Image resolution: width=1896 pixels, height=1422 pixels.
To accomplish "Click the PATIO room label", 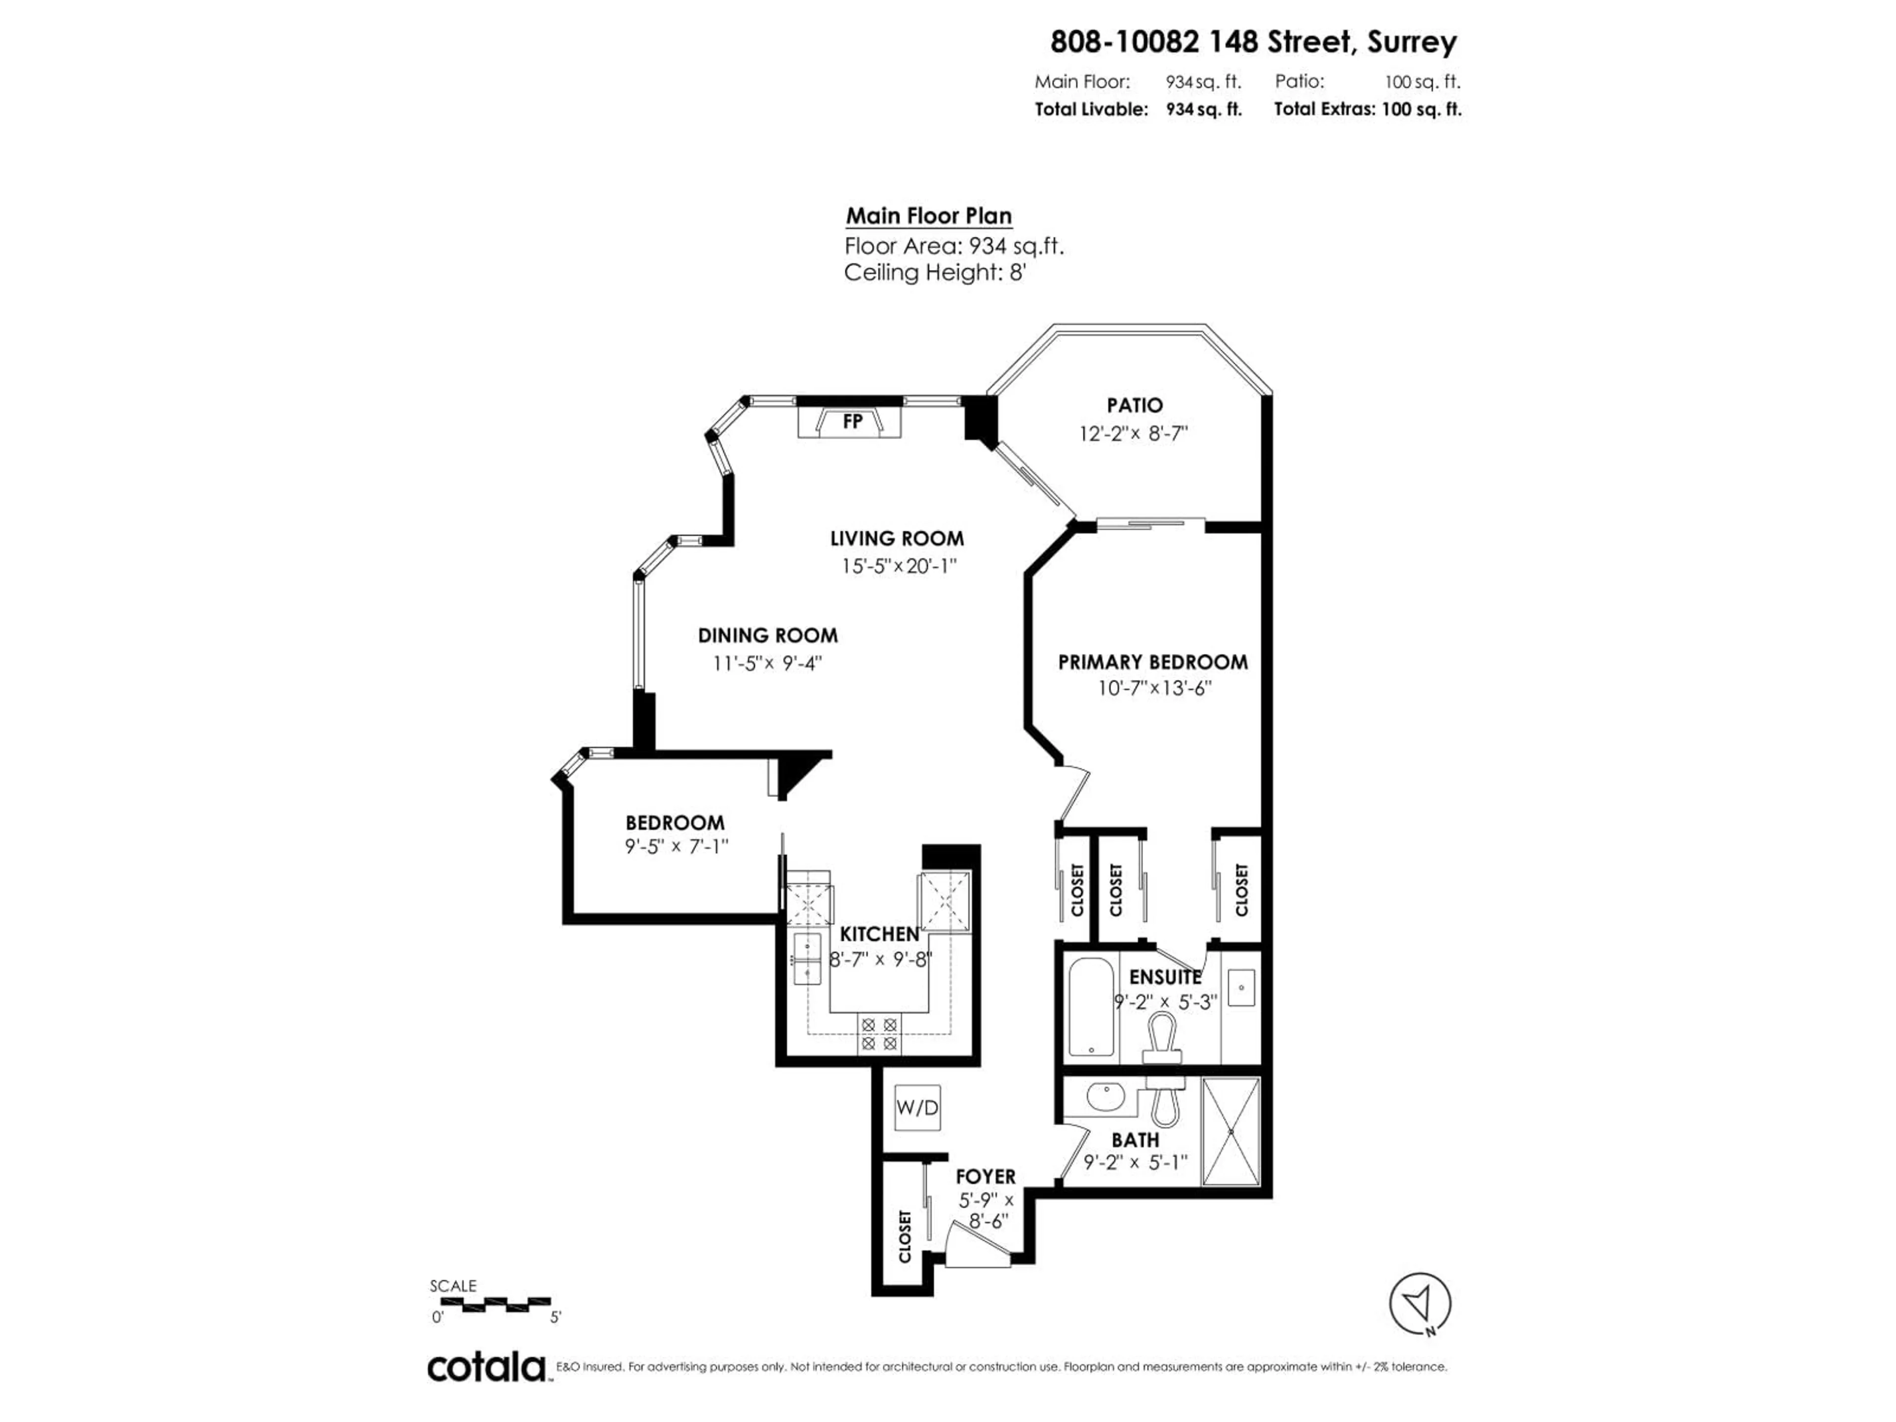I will [1134, 405].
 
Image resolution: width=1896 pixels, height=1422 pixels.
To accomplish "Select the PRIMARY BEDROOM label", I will [1152, 662].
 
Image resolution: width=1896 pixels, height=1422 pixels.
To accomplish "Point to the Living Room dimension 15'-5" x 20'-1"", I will [898, 566].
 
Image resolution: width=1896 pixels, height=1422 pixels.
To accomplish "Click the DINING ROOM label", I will [767, 635].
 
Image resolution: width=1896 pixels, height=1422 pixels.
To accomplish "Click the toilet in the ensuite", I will [1164, 1035].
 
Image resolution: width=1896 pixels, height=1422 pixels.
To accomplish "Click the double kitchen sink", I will [807, 959].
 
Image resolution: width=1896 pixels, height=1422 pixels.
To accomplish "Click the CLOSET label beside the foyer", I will [904, 1236].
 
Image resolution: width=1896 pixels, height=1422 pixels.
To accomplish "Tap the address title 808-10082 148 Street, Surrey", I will [1253, 41].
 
